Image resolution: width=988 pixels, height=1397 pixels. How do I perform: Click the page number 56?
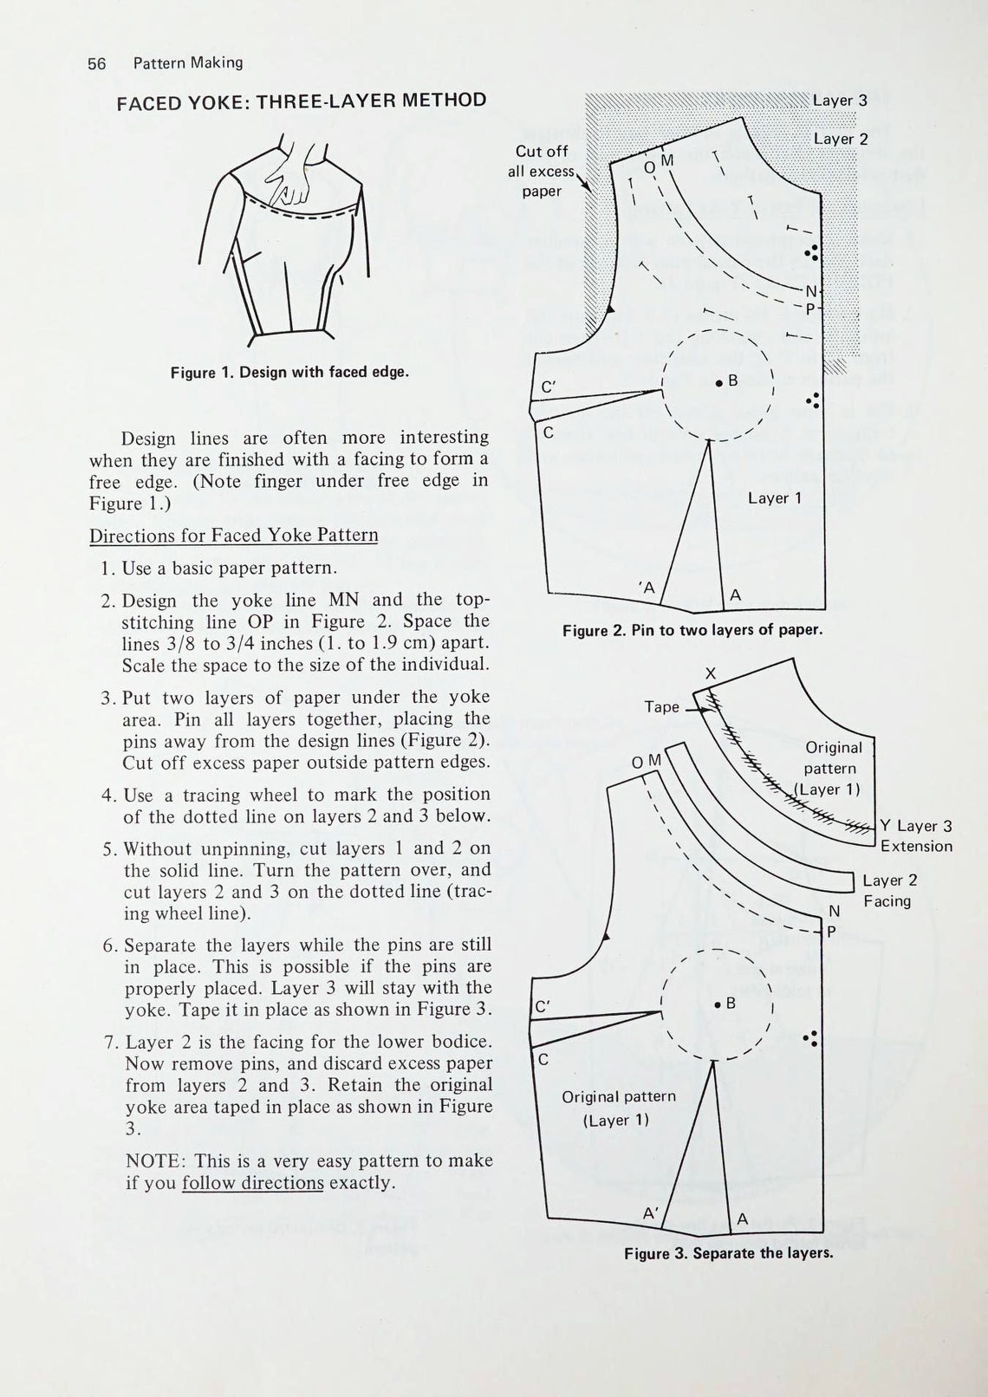coord(96,63)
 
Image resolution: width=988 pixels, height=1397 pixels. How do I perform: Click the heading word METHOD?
coord(443,101)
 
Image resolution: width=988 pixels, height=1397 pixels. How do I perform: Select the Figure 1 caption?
coord(289,373)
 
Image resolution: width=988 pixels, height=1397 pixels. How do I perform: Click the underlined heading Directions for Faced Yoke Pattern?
coord(234,536)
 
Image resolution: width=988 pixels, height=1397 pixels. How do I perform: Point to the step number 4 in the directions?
coord(107,796)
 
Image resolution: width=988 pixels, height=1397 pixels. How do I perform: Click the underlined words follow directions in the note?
coord(252,1184)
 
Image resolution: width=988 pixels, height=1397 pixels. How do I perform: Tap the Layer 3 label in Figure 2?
coord(840,101)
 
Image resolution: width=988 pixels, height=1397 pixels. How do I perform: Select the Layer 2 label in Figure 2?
coord(840,139)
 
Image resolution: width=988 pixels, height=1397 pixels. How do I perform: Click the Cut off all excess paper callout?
coord(542,171)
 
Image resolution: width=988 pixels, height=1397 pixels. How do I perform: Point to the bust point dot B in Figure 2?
coord(719,381)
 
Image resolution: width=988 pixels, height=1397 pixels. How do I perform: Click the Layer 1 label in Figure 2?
coord(775,498)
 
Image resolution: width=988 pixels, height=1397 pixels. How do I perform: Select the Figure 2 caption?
coord(692,630)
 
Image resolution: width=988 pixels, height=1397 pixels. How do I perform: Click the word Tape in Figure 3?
coord(661,707)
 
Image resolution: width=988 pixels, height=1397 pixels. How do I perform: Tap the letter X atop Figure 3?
coord(711,673)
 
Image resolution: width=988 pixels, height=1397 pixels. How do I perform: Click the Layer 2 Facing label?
coord(889,891)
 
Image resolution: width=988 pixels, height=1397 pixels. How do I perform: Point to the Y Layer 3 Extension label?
coord(915,836)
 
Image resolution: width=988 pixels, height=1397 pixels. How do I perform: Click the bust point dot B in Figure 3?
coord(718,1004)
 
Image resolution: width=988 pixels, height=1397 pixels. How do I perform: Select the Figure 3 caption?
coord(728,1253)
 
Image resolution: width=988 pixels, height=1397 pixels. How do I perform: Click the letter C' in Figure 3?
coord(543,1007)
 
